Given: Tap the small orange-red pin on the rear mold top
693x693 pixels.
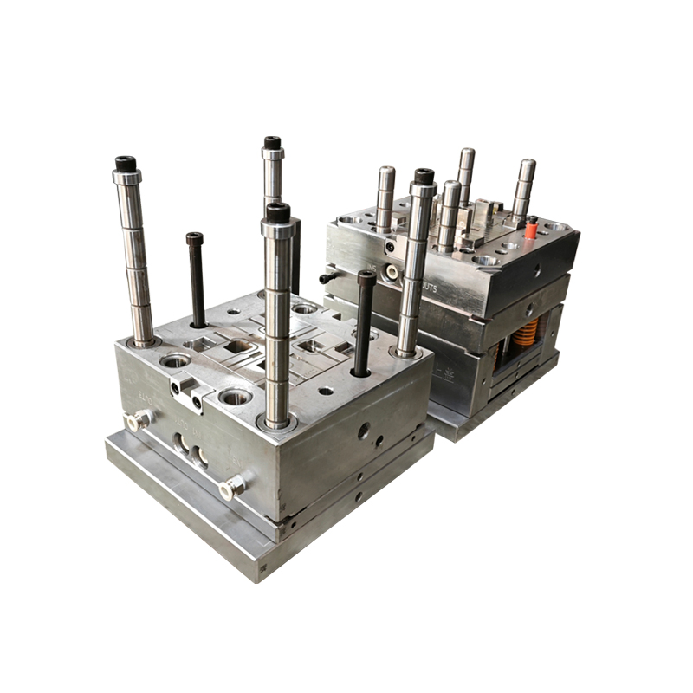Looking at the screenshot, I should click(x=532, y=230).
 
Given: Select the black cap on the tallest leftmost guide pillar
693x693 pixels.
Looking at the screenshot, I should click(x=126, y=163).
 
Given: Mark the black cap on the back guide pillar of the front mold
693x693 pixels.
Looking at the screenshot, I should click(x=272, y=142).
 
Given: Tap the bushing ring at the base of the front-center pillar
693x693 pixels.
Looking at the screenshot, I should click(x=277, y=423).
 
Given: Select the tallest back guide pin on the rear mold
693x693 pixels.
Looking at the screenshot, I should click(x=466, y=174).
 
